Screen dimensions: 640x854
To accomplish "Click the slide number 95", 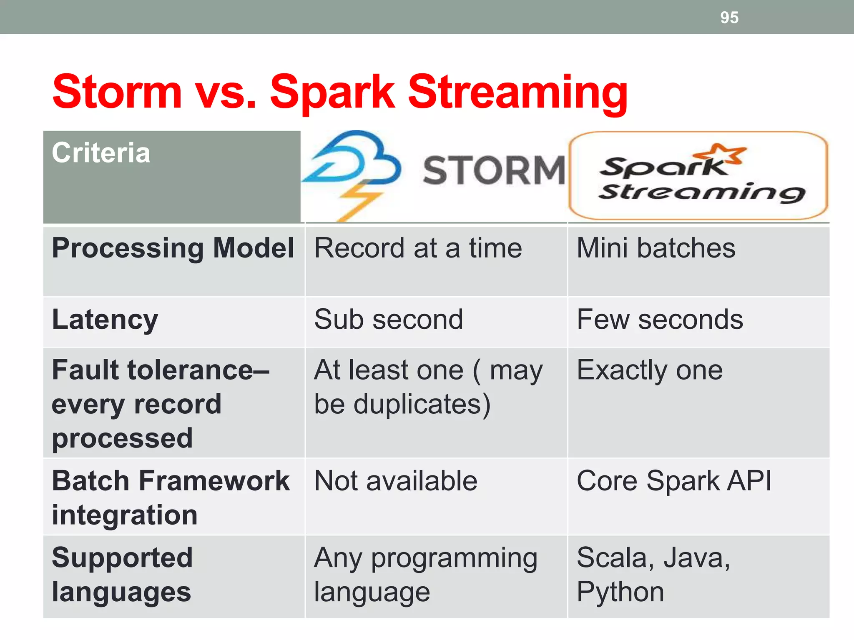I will [729, 17].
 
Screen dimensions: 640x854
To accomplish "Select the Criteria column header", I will [101, 153].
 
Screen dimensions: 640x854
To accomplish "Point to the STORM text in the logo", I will [494, 170].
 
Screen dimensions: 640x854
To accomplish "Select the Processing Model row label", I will [173, 248].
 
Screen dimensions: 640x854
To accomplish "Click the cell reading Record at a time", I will [418, 248].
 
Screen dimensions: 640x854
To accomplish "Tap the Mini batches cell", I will [656, 248].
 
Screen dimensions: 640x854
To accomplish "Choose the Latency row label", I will [105, 320].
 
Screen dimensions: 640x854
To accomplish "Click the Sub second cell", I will [388, 320].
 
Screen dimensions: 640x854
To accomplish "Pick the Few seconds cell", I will [660, 320].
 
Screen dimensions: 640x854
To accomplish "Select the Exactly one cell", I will [649, 370].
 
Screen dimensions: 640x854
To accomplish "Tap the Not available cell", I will [395, 481].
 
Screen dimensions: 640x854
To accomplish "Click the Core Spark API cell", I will [674, 481].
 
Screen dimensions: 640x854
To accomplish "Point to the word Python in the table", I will [620, 592].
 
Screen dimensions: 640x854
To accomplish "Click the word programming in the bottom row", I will [454, 559].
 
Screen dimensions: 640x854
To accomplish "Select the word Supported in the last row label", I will [122, 558].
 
